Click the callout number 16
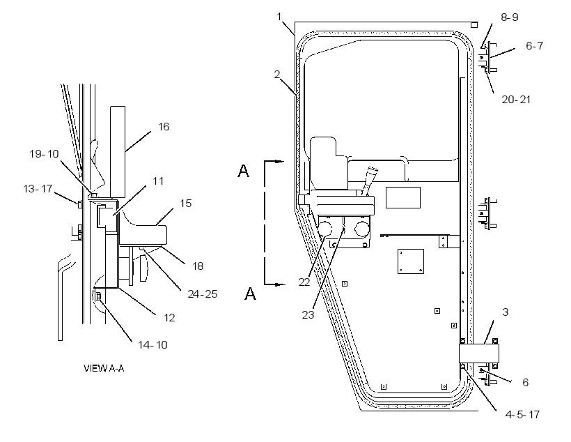coord(164,127)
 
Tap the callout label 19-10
coord(44,154)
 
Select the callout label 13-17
coord(38,189)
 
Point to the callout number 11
coord(158,181)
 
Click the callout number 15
coord(186,203)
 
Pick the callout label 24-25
coord(203,294)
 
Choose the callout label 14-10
coord(152,344)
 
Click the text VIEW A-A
coord(104,368)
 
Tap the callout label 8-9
coord(510,17)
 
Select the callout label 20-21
coord(516,100)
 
